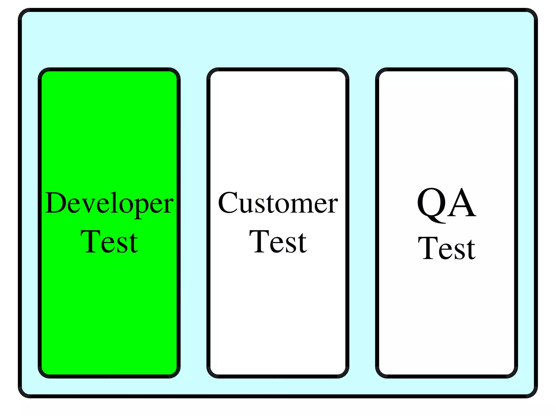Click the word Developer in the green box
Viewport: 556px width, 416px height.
(x=109, y=203)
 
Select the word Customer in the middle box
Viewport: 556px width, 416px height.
(x=278, y=203)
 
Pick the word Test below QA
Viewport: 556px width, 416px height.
(x=446, y=248)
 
